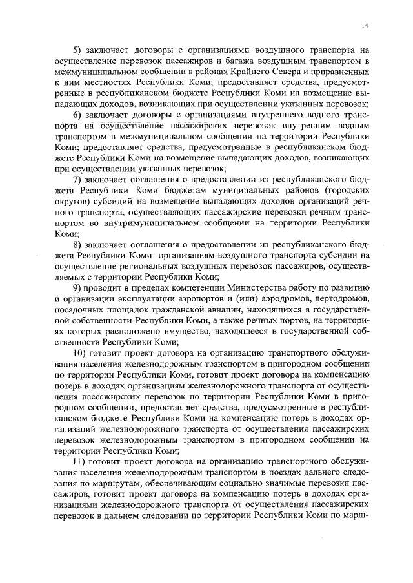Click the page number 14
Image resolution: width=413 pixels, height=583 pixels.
click(x=365, y=24)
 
